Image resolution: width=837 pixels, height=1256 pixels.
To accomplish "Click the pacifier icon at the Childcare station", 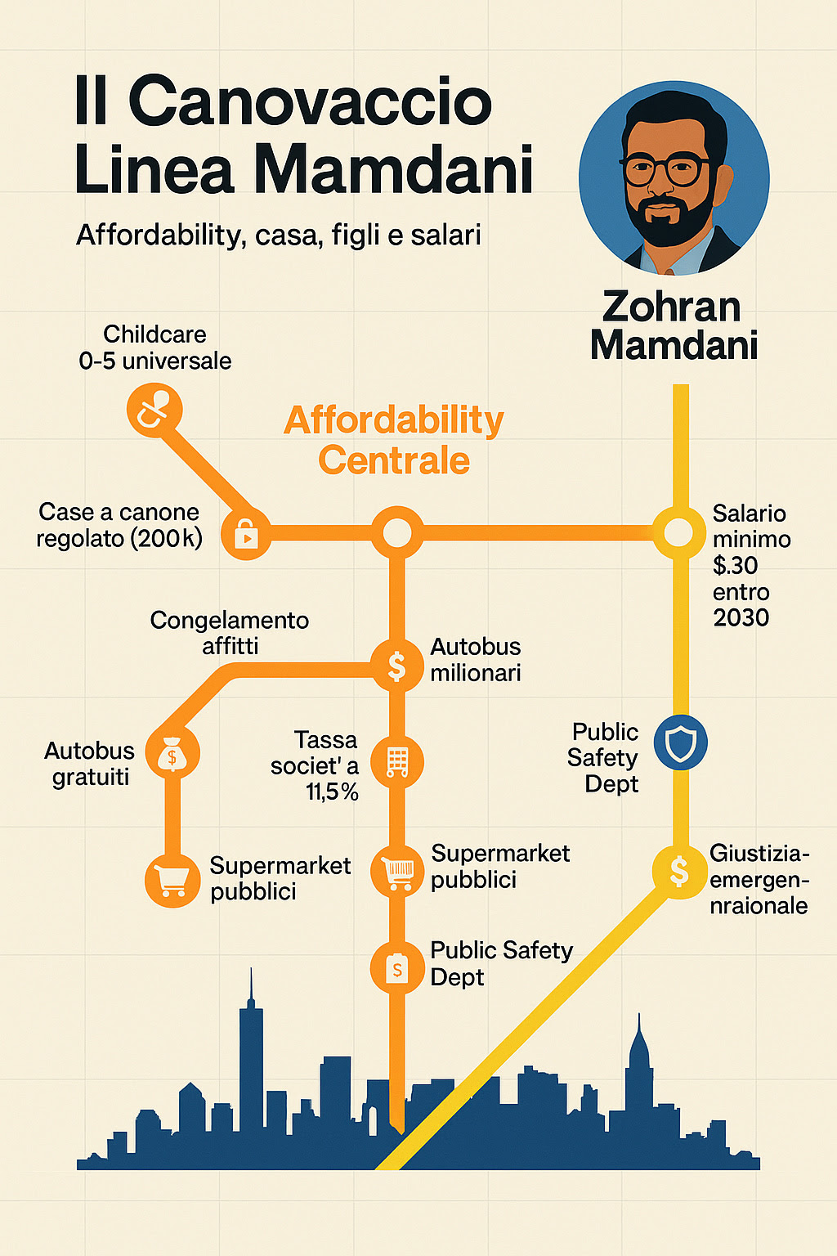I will click(154, 410).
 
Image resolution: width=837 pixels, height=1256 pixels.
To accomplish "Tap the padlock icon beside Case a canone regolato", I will click(246, 534).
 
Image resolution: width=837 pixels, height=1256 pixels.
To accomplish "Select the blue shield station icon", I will click(680, 743).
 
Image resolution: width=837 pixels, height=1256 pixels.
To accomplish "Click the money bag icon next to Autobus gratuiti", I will click(172, 753).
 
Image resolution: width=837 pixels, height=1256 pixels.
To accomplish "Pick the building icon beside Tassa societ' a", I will click(397, 762).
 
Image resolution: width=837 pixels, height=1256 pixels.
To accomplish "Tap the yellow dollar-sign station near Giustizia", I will click(678, 871).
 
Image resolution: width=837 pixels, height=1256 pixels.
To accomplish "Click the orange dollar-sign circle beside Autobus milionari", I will click(397, 666).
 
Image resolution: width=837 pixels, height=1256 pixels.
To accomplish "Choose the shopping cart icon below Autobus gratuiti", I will click(172, 880).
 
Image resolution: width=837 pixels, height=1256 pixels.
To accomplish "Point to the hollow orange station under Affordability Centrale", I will click(397, 533).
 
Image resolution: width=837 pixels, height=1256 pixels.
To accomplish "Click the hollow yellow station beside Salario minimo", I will click(678, 533).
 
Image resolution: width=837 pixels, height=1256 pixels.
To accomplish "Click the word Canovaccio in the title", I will click(310, 102).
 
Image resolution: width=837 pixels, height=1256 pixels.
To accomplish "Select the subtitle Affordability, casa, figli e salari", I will click(279, 235).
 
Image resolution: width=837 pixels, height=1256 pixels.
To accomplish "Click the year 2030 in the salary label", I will click(741, 617).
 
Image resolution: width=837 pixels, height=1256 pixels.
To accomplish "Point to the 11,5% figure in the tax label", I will click(333, 792).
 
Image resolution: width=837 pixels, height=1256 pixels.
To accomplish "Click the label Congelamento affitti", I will click(230, 633).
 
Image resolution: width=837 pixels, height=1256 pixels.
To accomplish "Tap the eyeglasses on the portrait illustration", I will click(665, 171).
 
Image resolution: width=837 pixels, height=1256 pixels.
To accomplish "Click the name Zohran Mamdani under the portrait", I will click(674, 325).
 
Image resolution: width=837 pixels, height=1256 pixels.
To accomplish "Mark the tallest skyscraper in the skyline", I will click(251, 1063).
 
